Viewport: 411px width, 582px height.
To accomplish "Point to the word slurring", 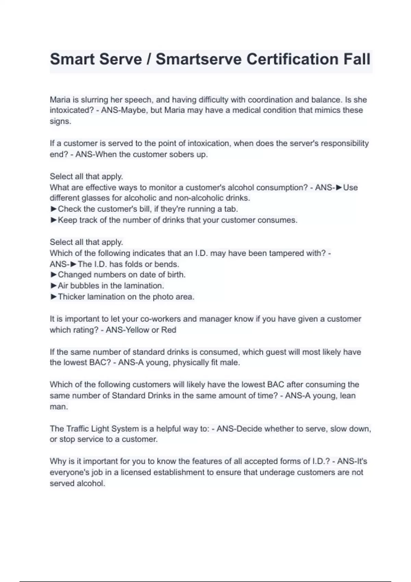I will (x=95, y=100).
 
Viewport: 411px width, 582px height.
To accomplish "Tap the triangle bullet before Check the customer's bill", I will (x=53, y=209).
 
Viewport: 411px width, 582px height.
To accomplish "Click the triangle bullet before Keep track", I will (x=53, y=220).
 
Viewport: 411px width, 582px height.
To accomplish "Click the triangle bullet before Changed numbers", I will (x=53, y=275).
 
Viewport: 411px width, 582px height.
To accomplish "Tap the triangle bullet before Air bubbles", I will (x=53, y=286).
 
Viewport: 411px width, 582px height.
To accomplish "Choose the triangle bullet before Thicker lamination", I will (x=53, y=296).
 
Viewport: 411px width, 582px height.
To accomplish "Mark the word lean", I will (x=348, y=396).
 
